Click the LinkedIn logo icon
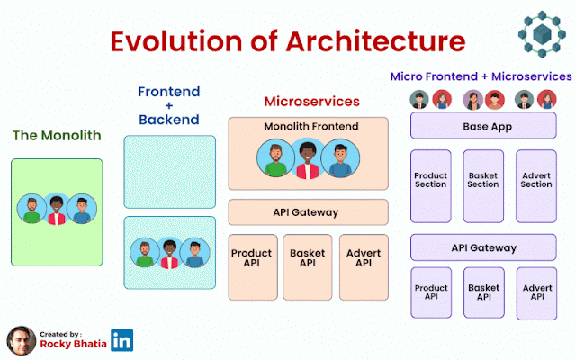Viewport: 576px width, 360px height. point(122,340)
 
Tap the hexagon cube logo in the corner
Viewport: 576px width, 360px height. point(542,34)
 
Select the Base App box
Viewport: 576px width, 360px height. point(483,126)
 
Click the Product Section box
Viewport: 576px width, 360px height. point(431,186)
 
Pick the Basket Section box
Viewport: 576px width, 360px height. point(483,186)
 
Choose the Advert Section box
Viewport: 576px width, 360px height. point(536,186)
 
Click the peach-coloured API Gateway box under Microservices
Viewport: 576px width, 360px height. point(308,212)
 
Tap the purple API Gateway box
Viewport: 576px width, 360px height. point(483,247)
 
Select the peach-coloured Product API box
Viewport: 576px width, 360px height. point(253,267)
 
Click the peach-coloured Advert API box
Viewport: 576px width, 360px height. point(364,267)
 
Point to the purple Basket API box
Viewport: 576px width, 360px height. point(484,292)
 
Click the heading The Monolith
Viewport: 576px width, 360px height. point(57,136)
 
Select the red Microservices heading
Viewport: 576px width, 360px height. point(312,102)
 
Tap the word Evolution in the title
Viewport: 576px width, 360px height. point(176,41)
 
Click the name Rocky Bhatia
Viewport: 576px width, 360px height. point(73,344)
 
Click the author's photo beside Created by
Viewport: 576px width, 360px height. point(22,340)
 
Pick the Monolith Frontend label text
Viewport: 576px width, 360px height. point(311,126)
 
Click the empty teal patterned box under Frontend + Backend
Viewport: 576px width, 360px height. point(170,172)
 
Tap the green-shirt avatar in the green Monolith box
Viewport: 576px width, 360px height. point(31,209)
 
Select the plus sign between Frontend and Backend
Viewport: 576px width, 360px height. point(169,106)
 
